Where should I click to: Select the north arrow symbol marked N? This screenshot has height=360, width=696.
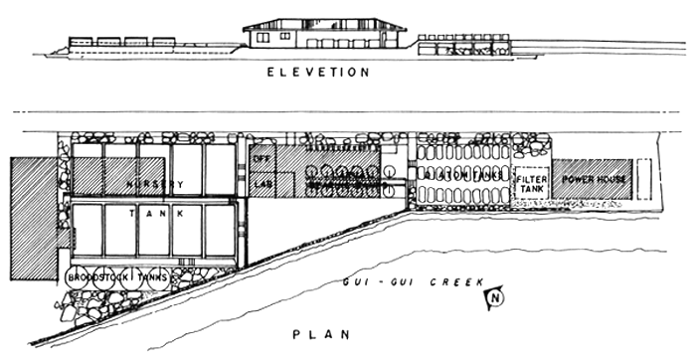[x=493, y=295]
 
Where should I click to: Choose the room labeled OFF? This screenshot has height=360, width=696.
[x=262, y=158]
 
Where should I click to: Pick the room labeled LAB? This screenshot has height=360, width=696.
[x=262, y=184]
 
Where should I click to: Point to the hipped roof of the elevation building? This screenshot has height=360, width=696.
[x=322, y=23]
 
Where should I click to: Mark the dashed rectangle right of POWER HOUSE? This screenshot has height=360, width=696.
[x=644, y=180]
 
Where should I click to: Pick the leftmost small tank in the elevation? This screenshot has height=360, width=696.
[x=81, y=43]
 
